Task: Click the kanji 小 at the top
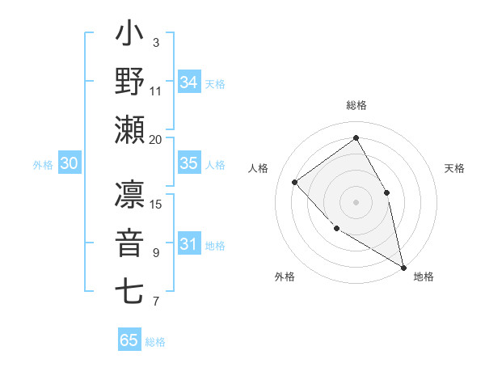(129, 36)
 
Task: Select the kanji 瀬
(129, 129)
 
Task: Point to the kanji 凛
(129, 196)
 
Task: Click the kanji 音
(129, 243)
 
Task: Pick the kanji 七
(129, 291)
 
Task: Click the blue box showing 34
(189, 82)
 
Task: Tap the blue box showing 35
(189, 163)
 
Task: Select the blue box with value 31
(189, 244)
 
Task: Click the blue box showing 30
(69, 163)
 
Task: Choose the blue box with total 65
(129, 340)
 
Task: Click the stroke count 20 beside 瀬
(156, 139)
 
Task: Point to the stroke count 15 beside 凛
(157, 204)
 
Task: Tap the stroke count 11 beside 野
(156, 91)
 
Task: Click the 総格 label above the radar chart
(356, 105)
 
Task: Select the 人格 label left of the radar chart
(259, 168)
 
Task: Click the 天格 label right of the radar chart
(454, 168)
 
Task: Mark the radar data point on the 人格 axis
(295, 182)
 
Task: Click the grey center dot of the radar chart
(356, 201)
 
